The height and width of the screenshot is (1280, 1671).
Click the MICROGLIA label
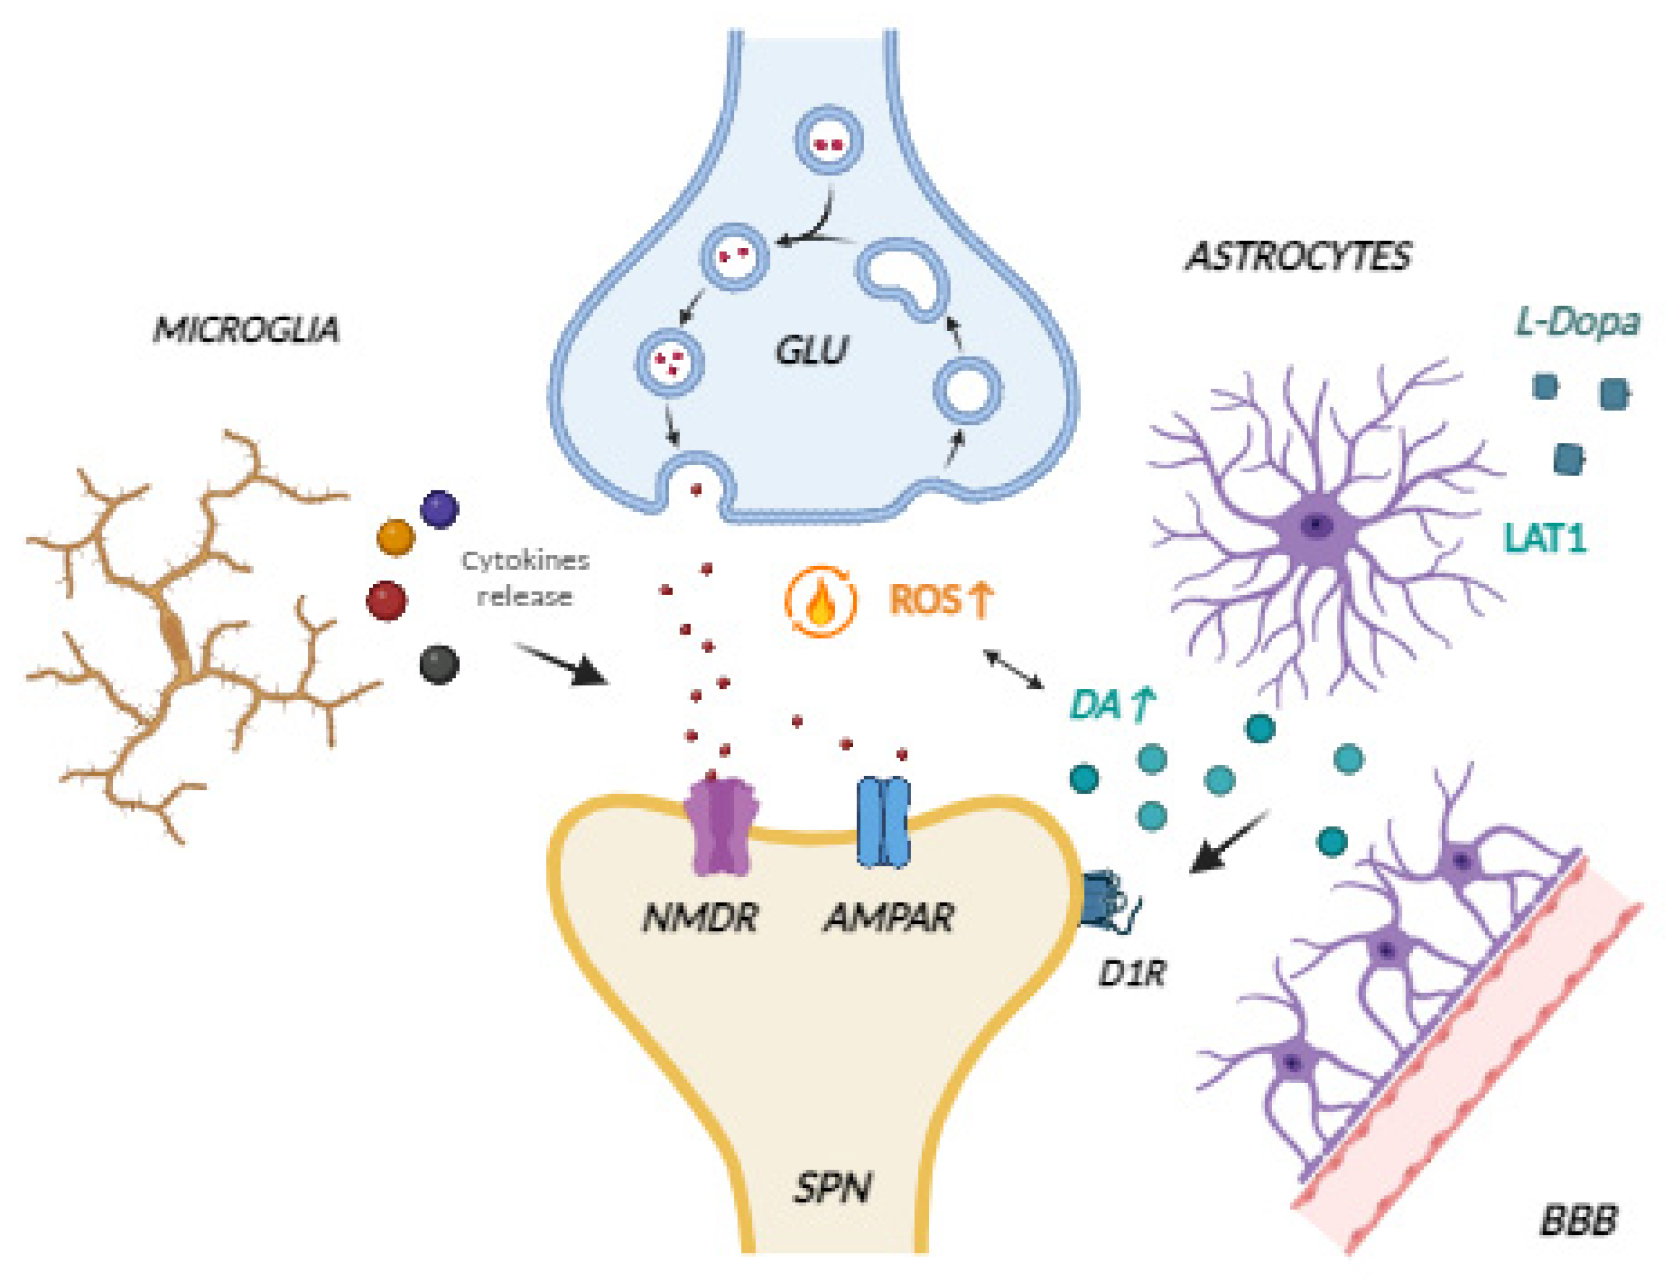(x=246, y=330)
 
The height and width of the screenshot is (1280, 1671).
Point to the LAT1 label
(x=1544, y=538)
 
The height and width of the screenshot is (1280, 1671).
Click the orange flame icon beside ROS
(x=820, y=601)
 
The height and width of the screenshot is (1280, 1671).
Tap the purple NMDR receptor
(x=721, y=826)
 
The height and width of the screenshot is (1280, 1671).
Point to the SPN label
(x=832, y=1188)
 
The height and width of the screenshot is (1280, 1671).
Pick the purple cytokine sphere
(x=439, y=509)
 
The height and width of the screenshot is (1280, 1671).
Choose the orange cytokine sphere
(x=396, y=538)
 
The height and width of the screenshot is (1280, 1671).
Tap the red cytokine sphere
(x=387, y=600)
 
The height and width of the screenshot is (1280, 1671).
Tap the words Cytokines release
(x=525, y=578)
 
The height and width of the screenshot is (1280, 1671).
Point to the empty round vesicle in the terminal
(x=967, y=391)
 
